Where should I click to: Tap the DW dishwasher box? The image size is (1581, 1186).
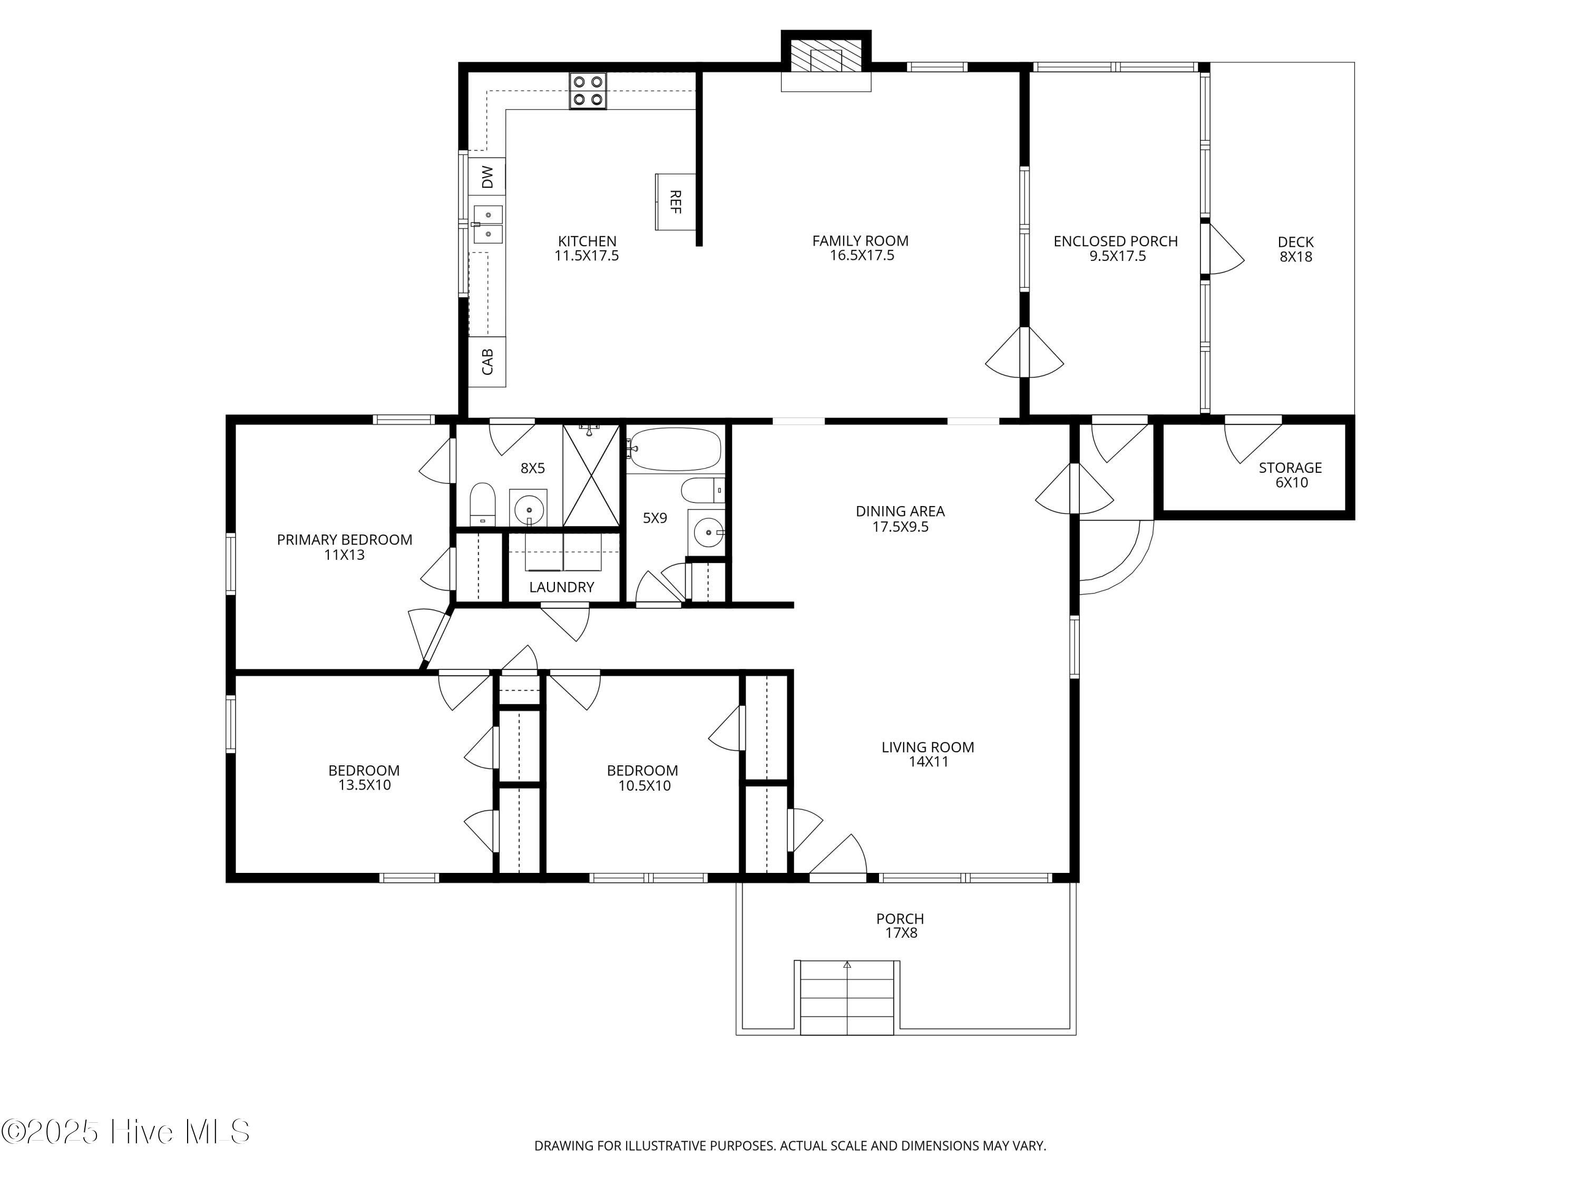point(487,177)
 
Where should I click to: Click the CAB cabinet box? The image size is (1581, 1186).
point(487,362)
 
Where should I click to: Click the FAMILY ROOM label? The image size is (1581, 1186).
point(860,241)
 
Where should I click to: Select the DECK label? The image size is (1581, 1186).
point(1295,242)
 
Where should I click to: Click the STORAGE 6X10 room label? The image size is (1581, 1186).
point(1290,475)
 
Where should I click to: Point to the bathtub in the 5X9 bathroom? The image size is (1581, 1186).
point(675,449)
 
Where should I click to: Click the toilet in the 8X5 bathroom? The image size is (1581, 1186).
point(482,503)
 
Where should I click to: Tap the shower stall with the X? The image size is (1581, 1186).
point(590,475)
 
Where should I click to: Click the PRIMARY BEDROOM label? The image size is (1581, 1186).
point(345,540)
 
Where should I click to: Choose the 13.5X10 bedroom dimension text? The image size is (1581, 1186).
point(365,785)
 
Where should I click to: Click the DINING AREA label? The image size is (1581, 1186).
point(900,511)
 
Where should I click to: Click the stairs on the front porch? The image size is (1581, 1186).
point(847,997)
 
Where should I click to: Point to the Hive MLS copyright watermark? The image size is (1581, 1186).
point(126,1132)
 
